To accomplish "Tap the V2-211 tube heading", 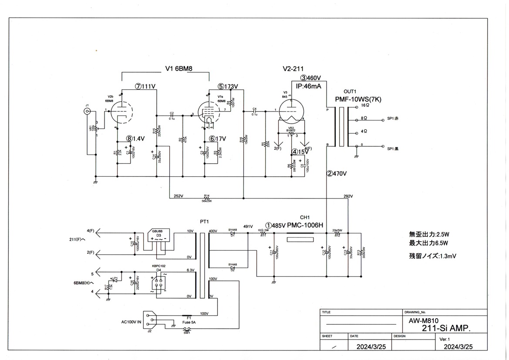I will pyautogui.click(x=293, y=68).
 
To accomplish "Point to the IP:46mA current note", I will pyautogui.click(x=309, y=86).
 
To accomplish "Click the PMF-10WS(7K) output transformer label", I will pyautogui.click(x=358, y=99).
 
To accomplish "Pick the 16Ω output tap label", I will pyautogui.click(x=364, y=105).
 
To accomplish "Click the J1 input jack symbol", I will pyautogui.click(x=88, y=111).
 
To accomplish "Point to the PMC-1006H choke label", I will pyautogui.click(x=305, y=225).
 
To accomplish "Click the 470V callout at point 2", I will pyautogui.click(x=337, y=174).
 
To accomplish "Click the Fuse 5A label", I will pyautogui.click(x=189, y=323).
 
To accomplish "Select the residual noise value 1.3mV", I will pyautogui.click(x=433, y=256).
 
